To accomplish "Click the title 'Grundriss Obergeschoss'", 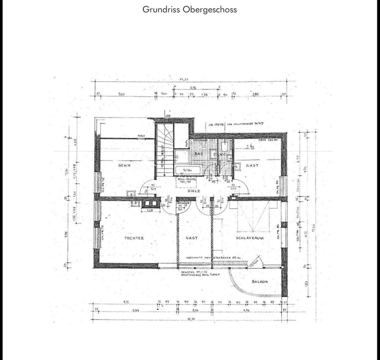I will point(190,9).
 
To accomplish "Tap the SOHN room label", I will point(124,165).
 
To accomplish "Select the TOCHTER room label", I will point(134,238).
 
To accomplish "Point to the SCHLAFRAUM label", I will point(250,238).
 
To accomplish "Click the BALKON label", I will point(260,281).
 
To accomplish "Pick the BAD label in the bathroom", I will point(199,153).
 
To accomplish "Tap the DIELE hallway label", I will point(194,191).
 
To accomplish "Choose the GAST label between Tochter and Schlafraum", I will point(192,238).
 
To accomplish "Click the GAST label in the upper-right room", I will point(252,165).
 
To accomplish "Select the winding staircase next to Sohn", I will point(164,150).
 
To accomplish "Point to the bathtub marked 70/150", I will point(187,170).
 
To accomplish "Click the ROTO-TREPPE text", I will point(187,180).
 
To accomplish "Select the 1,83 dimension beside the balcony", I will point(306,283).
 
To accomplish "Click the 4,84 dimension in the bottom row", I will point(135,311).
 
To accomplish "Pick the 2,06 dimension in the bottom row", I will point(195,311).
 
